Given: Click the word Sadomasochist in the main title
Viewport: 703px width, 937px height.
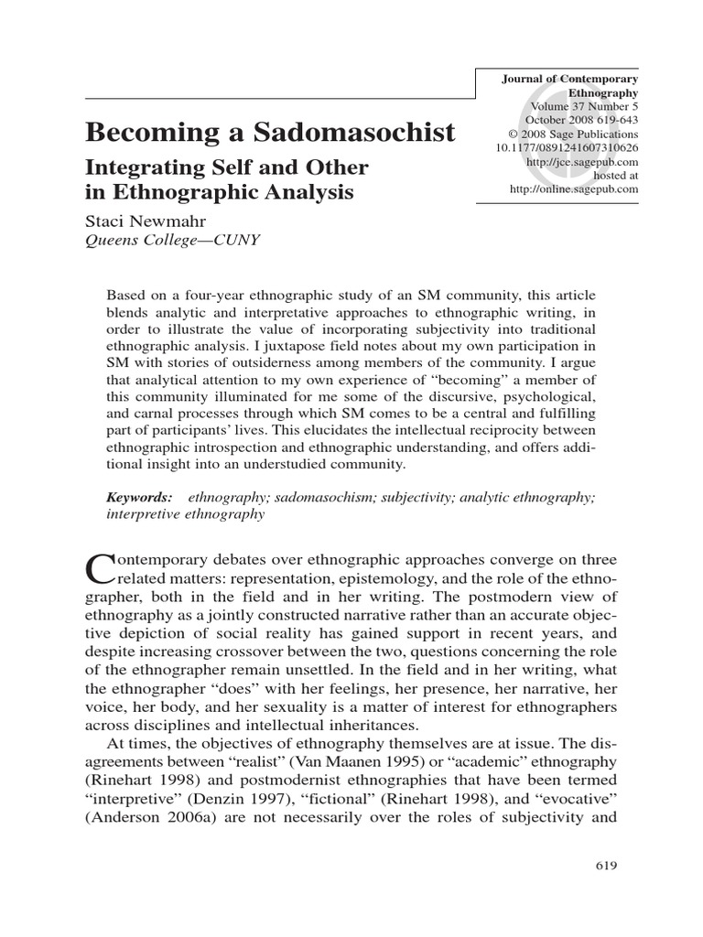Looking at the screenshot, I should tap(356, 133).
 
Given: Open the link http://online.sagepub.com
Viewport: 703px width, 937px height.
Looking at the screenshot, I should tap(574, 188).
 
